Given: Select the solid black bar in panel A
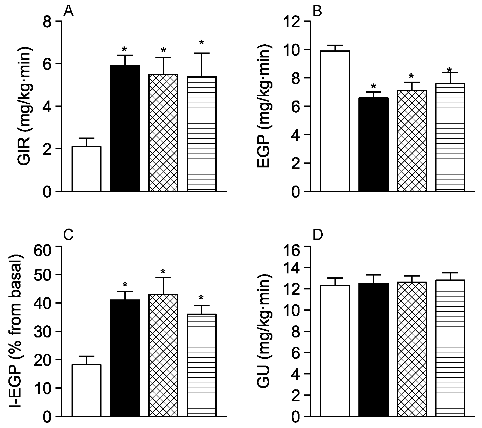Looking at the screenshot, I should [x=125, y=128].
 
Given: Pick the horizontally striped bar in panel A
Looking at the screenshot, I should [x=202, y=134].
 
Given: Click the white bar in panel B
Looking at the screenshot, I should [x=335, y=121].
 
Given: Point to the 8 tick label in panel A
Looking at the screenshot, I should [x=49, y=22].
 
